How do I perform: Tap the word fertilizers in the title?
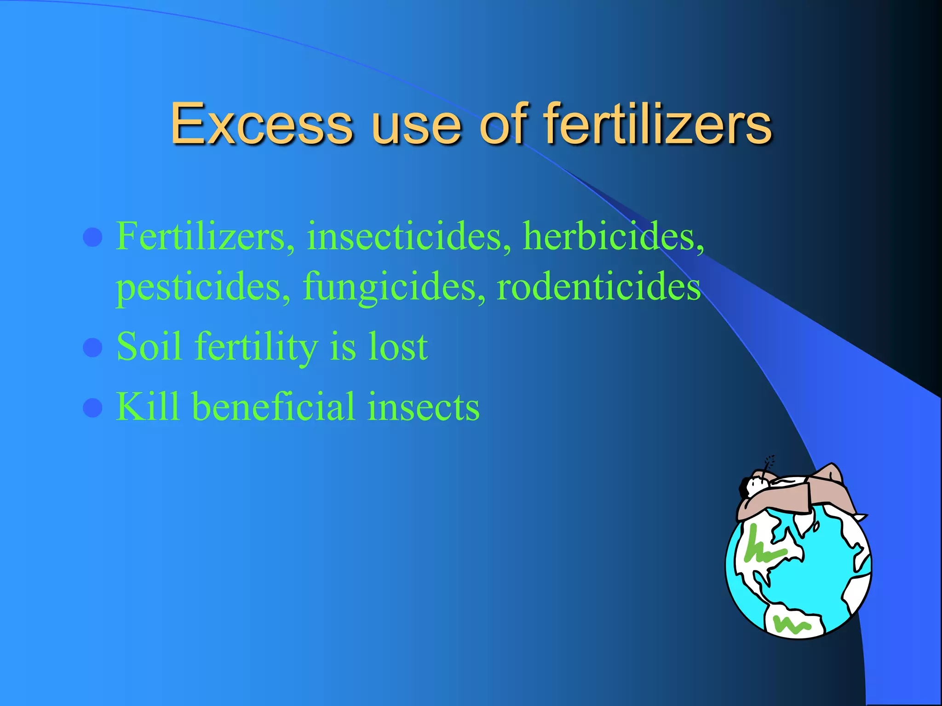coord(658,123)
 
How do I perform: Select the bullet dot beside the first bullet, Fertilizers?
coord(92,238)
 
